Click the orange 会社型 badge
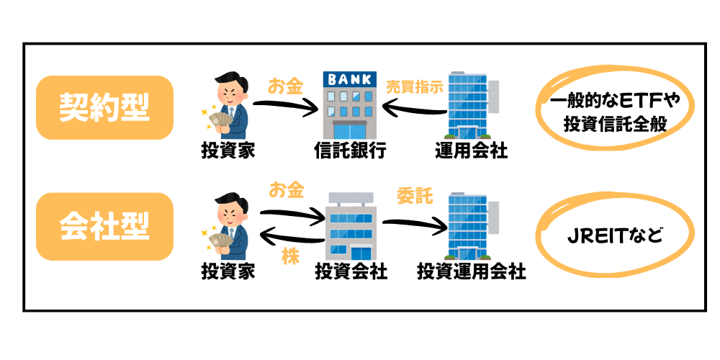pos(104,226)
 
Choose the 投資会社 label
pos(351,271)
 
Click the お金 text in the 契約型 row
pos(286,87)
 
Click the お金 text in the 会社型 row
pos(286,191)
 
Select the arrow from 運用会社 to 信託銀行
pos(414,110)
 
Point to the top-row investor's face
pos(230,86)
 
